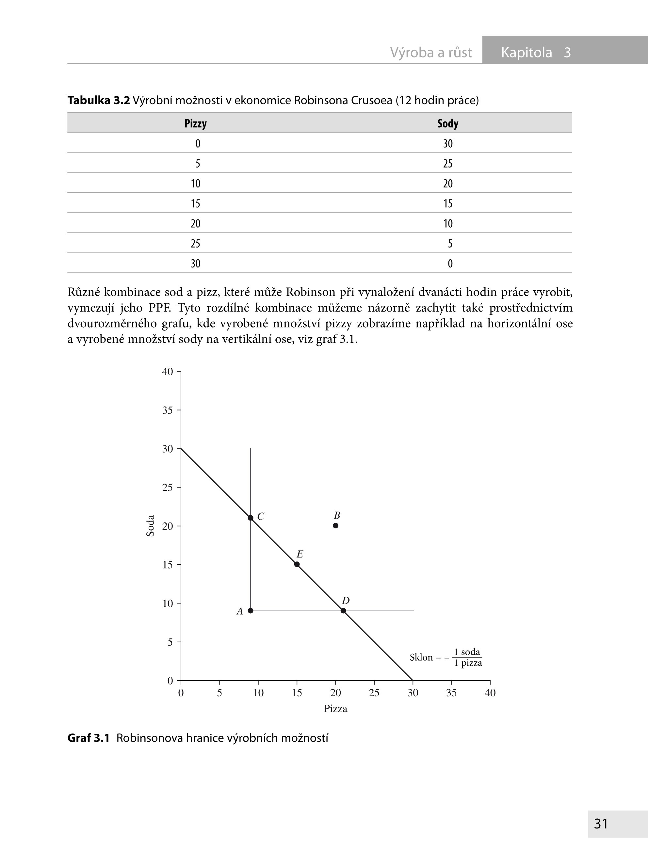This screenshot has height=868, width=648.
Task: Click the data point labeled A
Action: click(251, 611)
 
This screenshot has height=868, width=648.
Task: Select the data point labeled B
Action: click(335, 525)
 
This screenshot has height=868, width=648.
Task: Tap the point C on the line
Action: click(251, 518)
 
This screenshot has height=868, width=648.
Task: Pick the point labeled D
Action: click(343, 611)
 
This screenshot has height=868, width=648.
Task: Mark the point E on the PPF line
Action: click(297, 564)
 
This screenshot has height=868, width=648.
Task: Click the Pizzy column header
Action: click(195, 123)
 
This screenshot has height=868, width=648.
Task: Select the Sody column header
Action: click(447, 123)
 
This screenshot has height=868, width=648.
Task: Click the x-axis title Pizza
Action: click(335, 708)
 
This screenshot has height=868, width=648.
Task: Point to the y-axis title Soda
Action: click(150, 525)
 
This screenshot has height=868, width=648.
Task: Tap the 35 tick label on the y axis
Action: click(168, 410)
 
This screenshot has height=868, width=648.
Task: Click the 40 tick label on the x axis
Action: click(490, 693)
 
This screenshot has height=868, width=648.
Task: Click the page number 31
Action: click(601, 823)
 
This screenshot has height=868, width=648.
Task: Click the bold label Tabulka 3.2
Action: click(98, 100)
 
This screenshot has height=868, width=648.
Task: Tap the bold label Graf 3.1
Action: click(88, 738)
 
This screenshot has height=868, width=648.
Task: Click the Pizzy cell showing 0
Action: click(198, 144)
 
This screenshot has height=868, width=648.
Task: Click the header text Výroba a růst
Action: click(431, 52)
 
